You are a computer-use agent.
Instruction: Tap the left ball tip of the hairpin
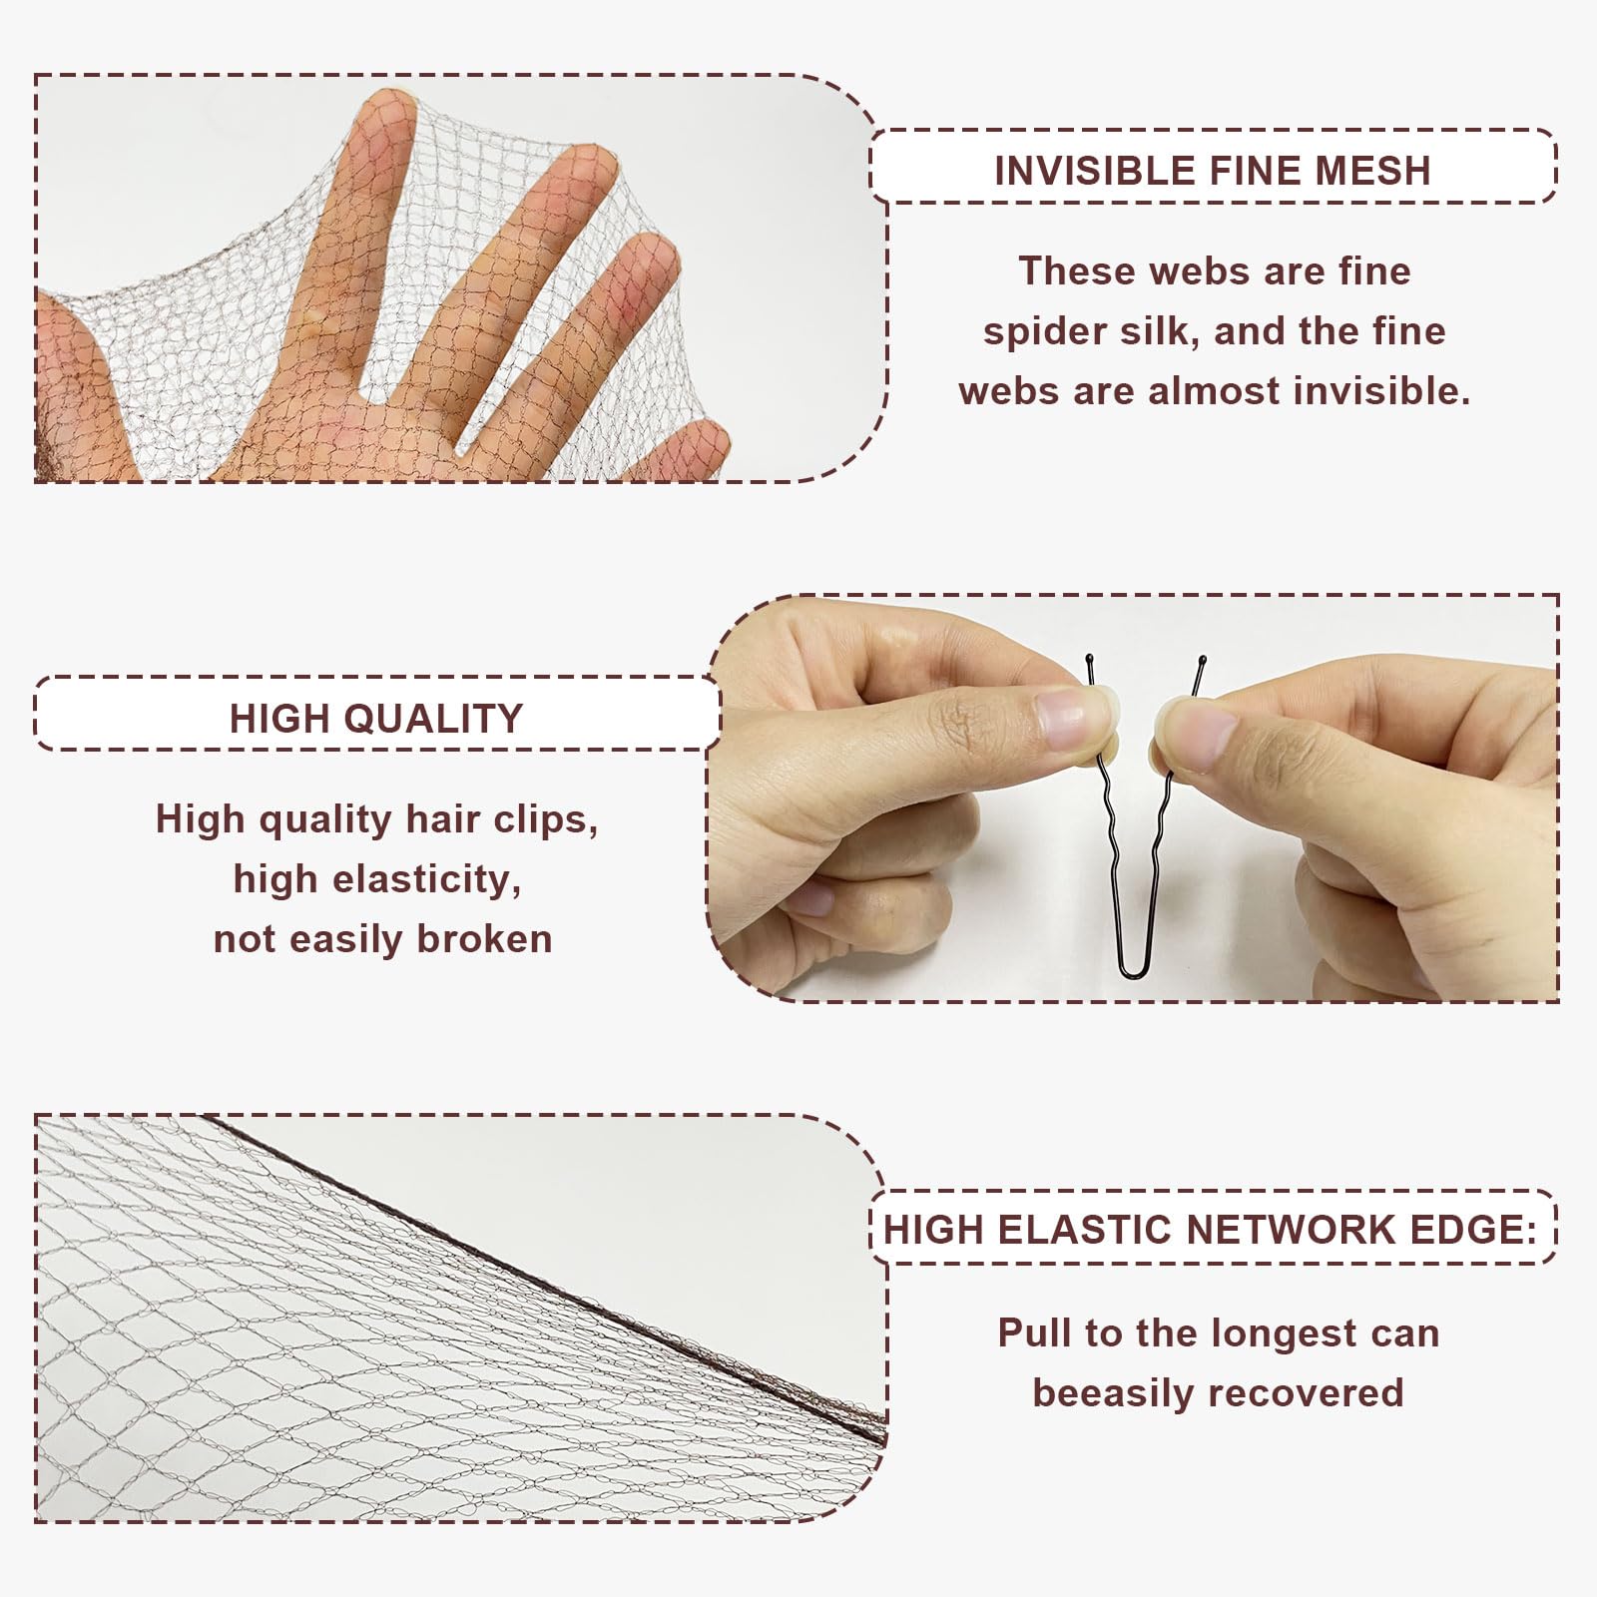[x=1088, y=659]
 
